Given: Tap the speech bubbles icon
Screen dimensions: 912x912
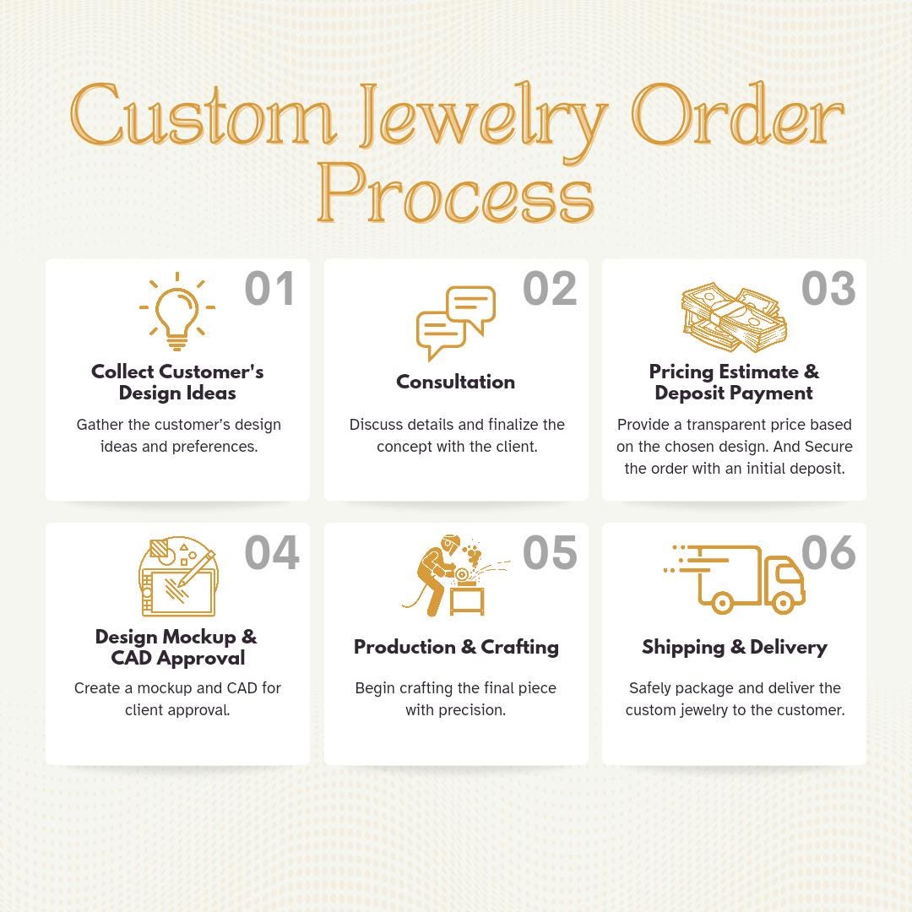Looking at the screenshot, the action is (x=455, y=323).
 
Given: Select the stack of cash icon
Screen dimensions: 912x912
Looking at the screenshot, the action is (x=734, y=317).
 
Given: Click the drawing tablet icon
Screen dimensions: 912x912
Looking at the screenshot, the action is (x=177, y=577).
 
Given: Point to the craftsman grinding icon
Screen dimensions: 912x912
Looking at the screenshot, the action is (x=455, y=576).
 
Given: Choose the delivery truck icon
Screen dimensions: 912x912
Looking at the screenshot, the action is (x=734, y=578).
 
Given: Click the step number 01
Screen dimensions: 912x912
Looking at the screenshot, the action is (x=269, y=289).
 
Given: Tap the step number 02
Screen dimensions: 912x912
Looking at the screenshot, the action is (x=550, y=289).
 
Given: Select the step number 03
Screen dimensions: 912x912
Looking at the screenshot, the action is (x=828, y=289).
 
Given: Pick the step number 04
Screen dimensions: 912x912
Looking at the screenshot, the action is (x=272, y=552).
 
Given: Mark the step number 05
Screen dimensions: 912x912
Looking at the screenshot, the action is (x=550, y=552).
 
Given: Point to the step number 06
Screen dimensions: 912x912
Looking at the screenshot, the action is (x=828, y=552).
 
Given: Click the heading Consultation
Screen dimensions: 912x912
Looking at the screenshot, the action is (x=455, y=382).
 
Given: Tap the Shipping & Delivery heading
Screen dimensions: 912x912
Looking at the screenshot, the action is (x=735, y=648).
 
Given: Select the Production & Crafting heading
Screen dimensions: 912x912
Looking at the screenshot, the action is (x=456, y=648).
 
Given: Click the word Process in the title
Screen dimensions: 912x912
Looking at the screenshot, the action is (x=455, y=193).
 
